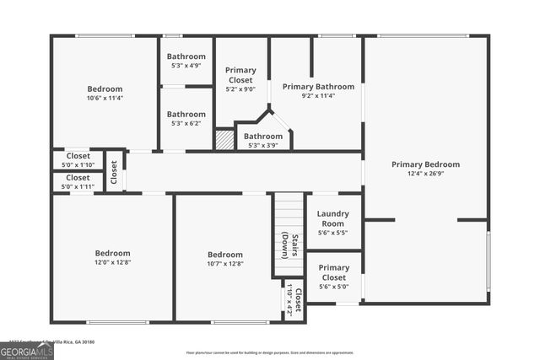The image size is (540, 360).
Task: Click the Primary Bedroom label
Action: (425, 164)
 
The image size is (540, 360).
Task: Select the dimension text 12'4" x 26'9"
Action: (425, 175)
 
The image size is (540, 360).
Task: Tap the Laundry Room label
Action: (334, 218)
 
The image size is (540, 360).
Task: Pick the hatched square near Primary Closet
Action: (224, 140)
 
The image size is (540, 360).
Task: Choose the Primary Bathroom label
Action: (318, 86)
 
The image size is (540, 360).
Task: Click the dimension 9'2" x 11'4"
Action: (318, 96)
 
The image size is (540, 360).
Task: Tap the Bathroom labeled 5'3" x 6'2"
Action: (186, 119)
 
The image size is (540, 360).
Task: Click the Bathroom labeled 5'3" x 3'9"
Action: (263, 140)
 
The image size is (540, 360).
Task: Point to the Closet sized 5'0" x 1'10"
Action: (78, 160)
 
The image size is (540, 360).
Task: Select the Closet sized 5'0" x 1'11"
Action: (78, 182)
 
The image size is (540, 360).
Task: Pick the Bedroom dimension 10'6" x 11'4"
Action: (105, 98)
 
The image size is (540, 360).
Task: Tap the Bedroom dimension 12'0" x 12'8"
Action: (111, 263)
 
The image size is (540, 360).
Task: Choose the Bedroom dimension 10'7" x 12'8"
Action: (225, 264)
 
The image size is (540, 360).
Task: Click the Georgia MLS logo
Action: (26, 350)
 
